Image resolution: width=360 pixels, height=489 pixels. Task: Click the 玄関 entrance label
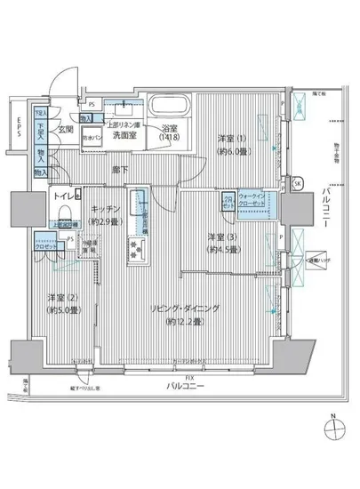point(66,130)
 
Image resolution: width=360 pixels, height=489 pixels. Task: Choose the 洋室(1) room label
point(233,139)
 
